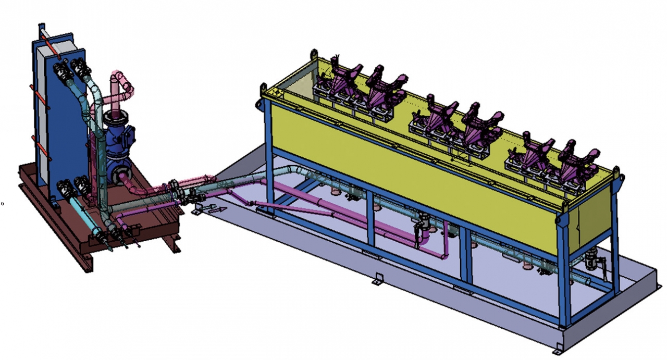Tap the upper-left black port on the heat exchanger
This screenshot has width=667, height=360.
61,69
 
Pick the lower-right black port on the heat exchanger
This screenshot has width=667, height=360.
82,183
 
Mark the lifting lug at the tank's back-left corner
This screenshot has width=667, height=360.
314,54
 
